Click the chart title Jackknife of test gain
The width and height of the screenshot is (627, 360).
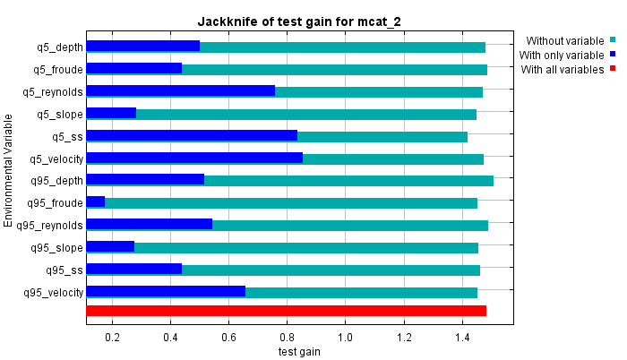pyautogui.click(x=301, y=21)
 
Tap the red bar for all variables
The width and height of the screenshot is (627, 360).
pyautogui.click(x=286, y=311)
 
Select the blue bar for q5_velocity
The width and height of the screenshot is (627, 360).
pyautogui.click(x=193, y=159)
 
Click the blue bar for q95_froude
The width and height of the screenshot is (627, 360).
pyautogui.click(x=95, y=202)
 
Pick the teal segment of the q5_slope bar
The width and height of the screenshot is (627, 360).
pyautogui.click(x=305, y=114)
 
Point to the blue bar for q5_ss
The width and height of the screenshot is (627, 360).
pyautogui.click(x=191, y=136)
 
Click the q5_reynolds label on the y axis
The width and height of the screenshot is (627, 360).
pyautogui.click(x=53, y=91)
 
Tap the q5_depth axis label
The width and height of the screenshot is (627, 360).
pyautogui.click(x=58, y=47)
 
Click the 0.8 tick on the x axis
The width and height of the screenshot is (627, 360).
pyautogui.click(x=288, y=337)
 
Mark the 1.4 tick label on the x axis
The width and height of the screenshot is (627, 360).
pyautogui.click(x=462, y=337)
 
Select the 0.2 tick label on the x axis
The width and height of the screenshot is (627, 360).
pyautogui.click(x=113, y=337)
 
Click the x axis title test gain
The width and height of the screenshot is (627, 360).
pyautogui.click(x=299, y=351)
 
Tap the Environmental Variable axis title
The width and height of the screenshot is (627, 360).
pyautogui.click(x=9, y=170)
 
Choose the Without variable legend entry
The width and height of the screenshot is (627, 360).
pyautogui.click(x=565, y=40)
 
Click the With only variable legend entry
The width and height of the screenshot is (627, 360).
pyautogui.click(x=562, y=55)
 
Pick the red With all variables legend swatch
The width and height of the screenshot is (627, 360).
pyautogui.click(x=613, y=69)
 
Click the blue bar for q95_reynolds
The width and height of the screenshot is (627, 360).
pyautogui.click(x=149, y=225)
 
